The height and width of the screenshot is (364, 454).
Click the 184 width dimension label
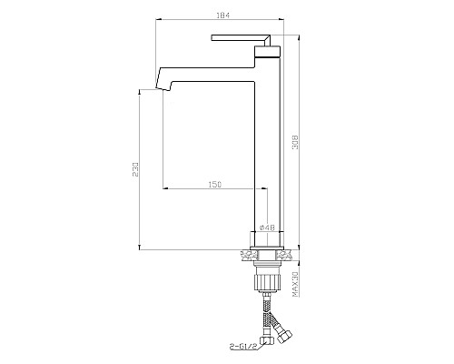[x=223, y=15]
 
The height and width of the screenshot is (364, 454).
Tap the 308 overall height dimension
[x=295, y=142]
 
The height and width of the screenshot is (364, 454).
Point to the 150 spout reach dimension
[x=214, y=184]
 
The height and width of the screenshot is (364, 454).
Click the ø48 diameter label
[x=267, y=227]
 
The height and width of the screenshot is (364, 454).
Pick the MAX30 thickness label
[x=295, y=284]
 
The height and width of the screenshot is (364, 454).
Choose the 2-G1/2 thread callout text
[x=244, y=346]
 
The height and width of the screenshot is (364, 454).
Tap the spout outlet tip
[x=163, y=89]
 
